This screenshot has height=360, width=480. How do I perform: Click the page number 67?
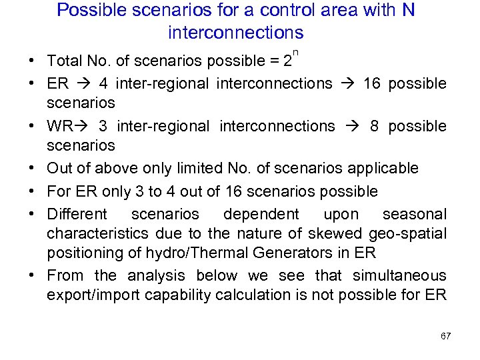pos(445,336)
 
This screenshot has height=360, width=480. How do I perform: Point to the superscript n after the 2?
pos(295,52)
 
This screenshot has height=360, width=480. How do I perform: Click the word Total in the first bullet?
pos(65,61)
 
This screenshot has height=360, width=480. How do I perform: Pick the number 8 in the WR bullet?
pos(375,126)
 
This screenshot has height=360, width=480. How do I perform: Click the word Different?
pos(77,214)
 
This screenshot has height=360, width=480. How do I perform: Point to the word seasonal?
pos(415,214)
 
